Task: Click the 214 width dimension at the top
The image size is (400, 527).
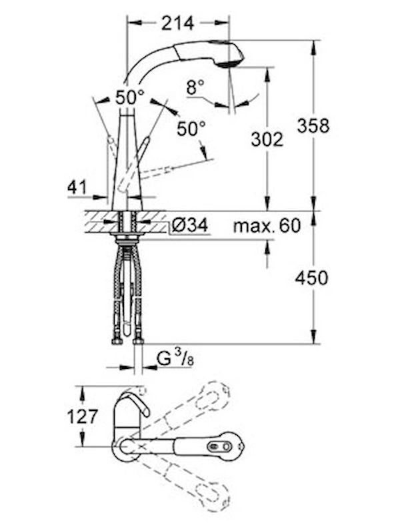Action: pos(177,23)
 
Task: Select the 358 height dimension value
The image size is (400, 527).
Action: pos(313,126)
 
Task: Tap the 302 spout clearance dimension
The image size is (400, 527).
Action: pos(267,139)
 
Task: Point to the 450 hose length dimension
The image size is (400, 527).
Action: pos(311,278)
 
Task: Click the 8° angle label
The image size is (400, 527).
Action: pos(195,87)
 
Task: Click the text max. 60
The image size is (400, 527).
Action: pos(267,225)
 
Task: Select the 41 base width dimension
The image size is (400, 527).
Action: pos(77,187)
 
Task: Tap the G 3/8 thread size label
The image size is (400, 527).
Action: pos(175,360)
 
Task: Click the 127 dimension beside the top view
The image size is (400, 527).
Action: pos(83,417)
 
